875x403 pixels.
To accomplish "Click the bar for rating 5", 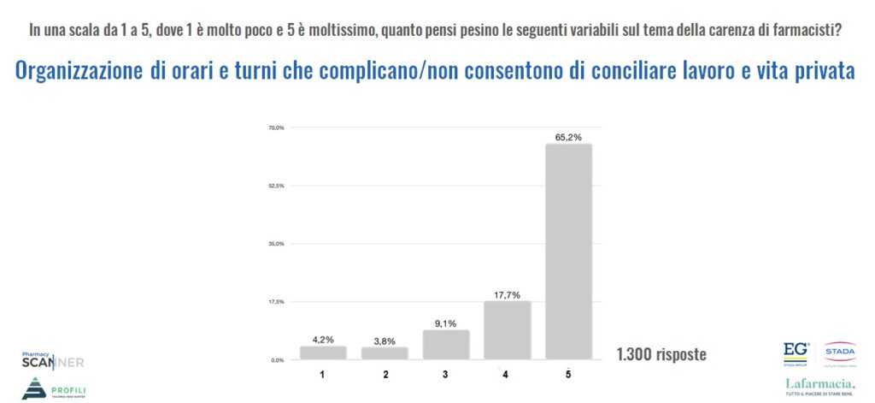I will coord(568,252).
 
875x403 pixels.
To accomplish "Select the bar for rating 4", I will coord(507,330).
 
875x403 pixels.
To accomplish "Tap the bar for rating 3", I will coord(445,345).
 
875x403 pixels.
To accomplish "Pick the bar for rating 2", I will coord(385,353).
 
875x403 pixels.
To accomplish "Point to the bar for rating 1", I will coord(323,352).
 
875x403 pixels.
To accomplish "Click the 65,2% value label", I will coord(568,136).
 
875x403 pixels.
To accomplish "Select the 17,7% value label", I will coord(507,293).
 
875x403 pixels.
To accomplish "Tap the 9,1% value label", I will coord(445,323).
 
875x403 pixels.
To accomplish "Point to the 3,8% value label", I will coord(385,340).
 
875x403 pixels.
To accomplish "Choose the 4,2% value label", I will coord(323,339).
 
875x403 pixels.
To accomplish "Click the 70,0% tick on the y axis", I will coord(276,127).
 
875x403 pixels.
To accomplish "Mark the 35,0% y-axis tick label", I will coord(276,244).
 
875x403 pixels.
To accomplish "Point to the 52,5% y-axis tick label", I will coord(276,186).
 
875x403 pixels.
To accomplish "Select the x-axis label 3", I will coord(445,374).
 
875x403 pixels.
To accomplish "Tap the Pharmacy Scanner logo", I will coord(52,359).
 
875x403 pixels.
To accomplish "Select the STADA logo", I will coord(840,348).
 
